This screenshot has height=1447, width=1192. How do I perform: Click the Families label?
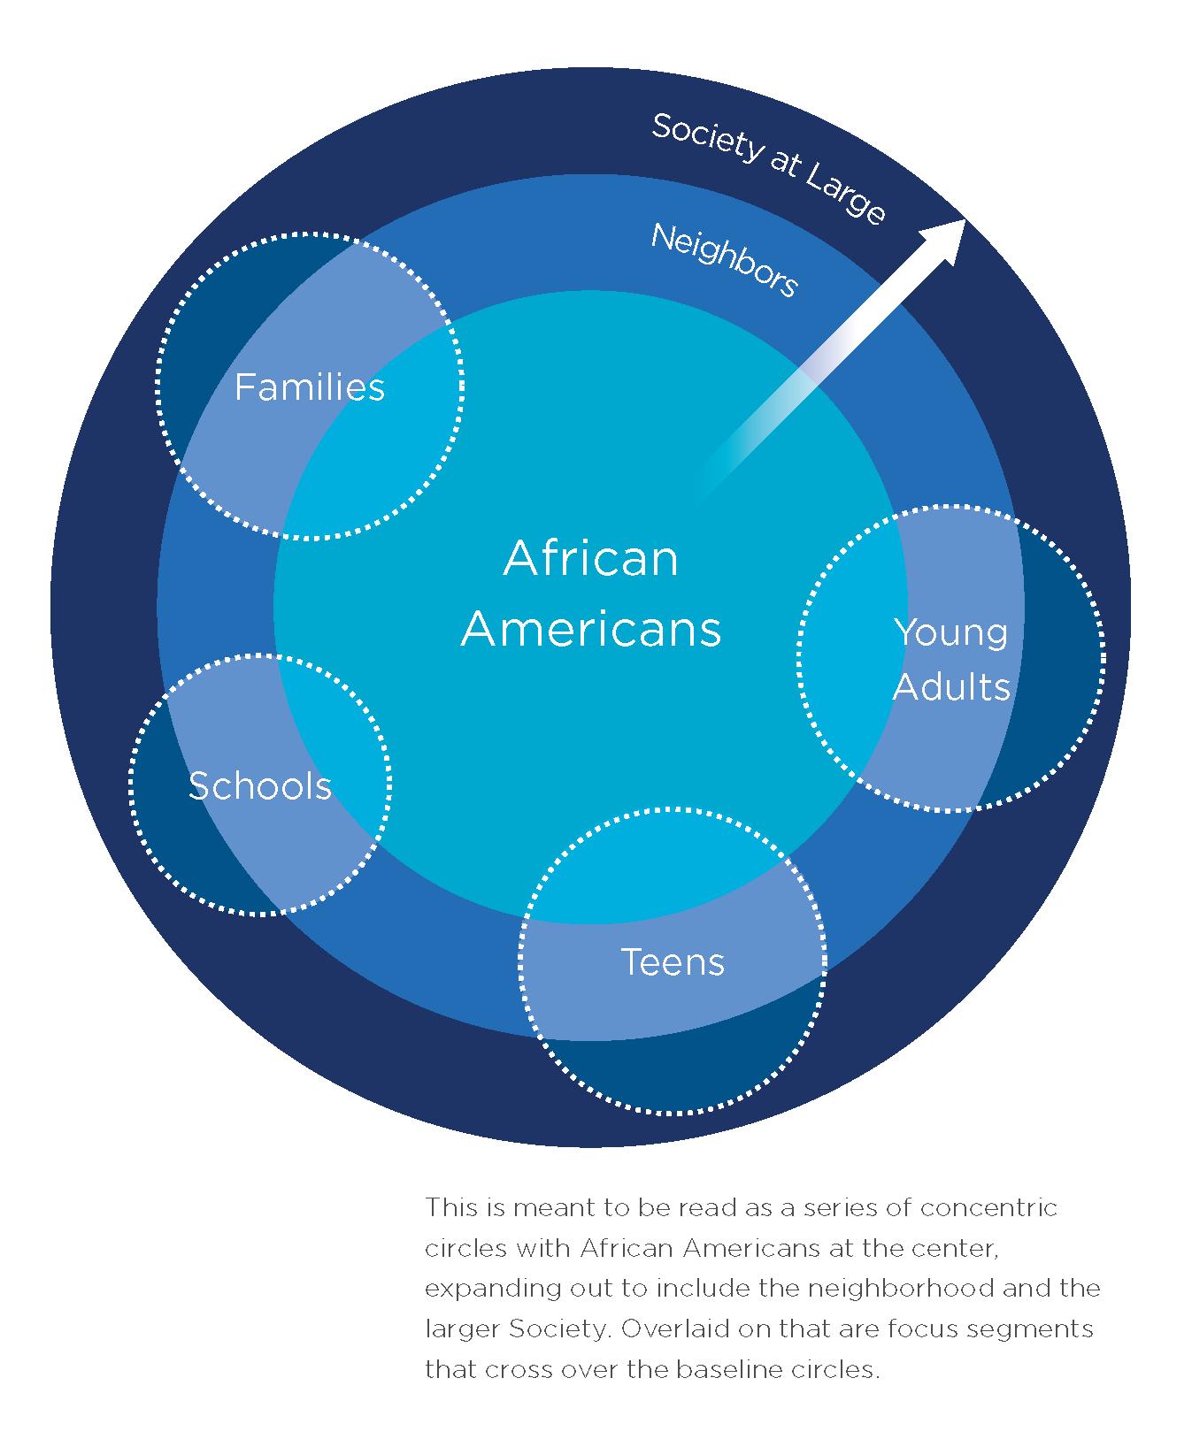pos(310,387)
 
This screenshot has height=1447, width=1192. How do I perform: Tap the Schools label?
pos(260,785)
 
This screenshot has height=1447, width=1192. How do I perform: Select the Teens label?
pos(673,962)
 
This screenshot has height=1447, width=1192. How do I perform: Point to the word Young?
pos(951,633)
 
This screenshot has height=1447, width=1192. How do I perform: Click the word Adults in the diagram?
pos(951,686)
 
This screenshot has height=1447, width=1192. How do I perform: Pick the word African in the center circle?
pos(591,559)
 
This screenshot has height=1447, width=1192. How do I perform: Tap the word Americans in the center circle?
pos(591,629)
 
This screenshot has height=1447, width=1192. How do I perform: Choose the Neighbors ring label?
pos(725,259)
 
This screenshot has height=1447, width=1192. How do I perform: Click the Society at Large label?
pos(768,168)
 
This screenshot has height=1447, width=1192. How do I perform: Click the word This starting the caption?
pos(448,1207)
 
